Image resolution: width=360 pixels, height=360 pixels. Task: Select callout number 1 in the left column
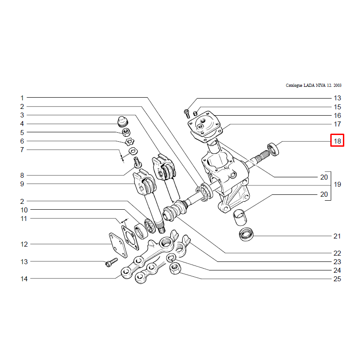[x=22, y=98]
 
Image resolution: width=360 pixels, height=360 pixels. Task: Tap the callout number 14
[x=24, y=279]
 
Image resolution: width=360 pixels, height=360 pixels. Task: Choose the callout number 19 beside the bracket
[x=337, y=184]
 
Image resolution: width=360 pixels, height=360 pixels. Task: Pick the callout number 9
[x=22, y=184]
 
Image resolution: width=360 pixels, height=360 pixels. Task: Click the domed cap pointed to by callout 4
[x=121, y=121]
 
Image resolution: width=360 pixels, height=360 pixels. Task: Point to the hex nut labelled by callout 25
[x=176, y=269]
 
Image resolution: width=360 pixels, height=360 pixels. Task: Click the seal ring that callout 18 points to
[x=273, y=148]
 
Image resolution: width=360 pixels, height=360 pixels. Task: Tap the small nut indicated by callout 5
[x=127, y=132]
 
